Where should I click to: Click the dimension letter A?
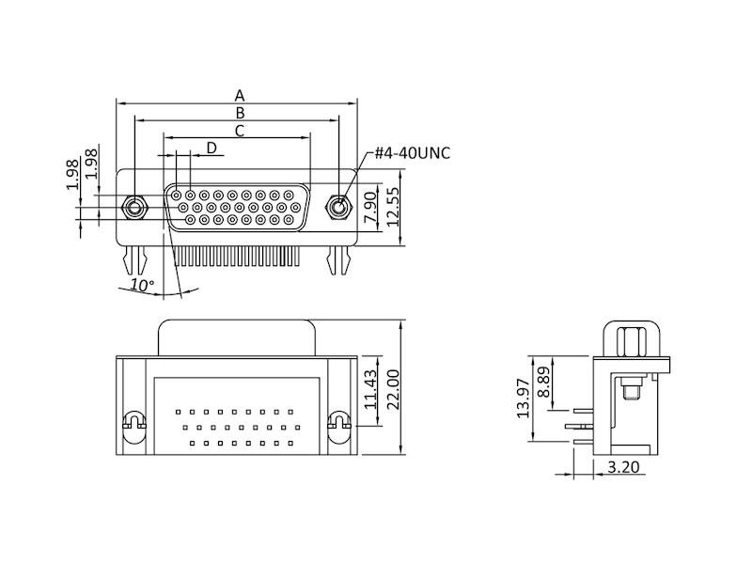click(x=240, y=95)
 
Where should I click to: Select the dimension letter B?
click(x=240, y=113)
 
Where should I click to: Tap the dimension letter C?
click(x=240, y=131)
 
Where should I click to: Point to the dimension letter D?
click(x=211, y=148)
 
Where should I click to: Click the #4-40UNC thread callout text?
click(x=412, y=153)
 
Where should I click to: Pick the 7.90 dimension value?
click(x=370, y=207)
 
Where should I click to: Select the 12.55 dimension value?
click(x=394, y=207)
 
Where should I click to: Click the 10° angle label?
click(x=142, y=285)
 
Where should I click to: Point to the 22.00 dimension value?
click(x=394, y=388)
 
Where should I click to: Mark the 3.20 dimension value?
click(x=624, y=465)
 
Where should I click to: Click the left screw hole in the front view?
click(x=134, y=206)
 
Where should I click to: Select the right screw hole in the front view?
click(x=338, y=206)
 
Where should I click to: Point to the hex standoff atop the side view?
click(x=629, y=339)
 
